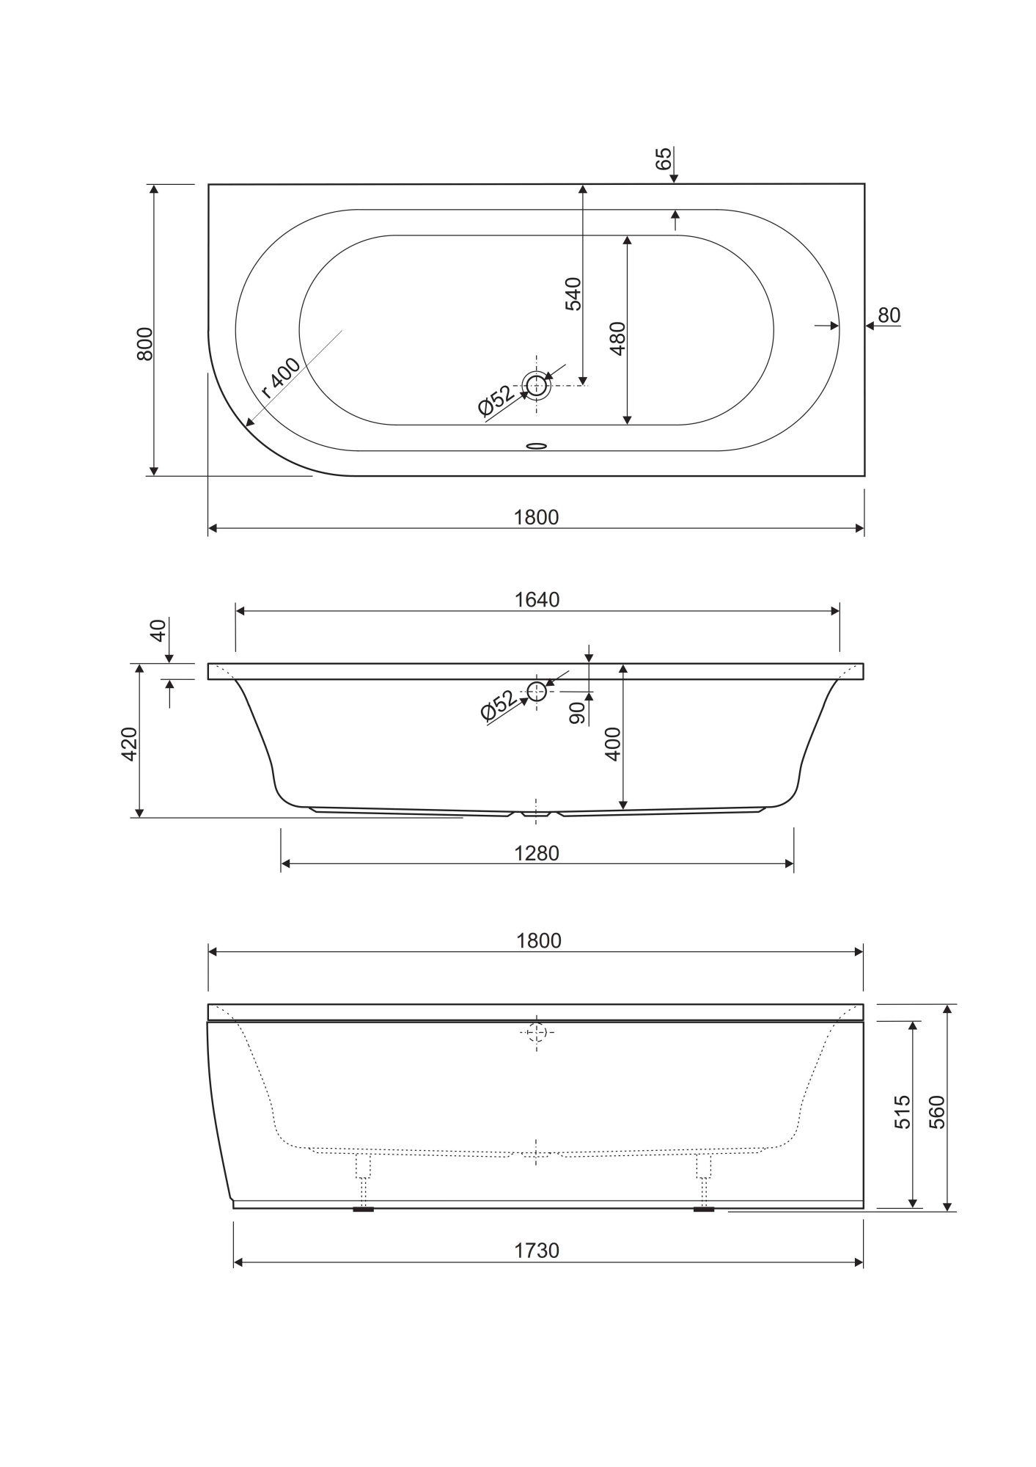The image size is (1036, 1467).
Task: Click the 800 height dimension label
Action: [x=145, y=343]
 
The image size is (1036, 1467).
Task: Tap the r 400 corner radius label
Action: [x=282, y=378]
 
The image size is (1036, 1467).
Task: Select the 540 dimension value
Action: [x=573, y=294]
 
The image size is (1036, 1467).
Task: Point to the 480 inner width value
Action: [x=618, y=338]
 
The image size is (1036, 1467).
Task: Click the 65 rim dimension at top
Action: [x=663, y=158]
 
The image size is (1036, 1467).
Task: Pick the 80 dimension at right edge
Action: [x=889, y=315]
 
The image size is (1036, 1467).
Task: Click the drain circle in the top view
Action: [x=537, y=385]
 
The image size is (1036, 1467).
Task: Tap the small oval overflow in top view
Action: [x=537, y=445]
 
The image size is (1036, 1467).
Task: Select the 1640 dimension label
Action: [x=537, y=600]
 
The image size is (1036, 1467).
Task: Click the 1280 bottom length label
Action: [x=537, y=854]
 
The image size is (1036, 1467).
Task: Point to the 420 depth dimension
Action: [x=129, y=744]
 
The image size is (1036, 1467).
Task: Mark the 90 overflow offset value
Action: [x=578, y=713]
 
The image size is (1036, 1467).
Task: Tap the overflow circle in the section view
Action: [x=537, y=691]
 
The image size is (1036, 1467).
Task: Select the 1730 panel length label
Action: [x=537, y=1251]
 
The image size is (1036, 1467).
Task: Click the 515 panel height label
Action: [x=903, y=1111]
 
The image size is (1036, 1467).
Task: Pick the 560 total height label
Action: [x=937, y=1111]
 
